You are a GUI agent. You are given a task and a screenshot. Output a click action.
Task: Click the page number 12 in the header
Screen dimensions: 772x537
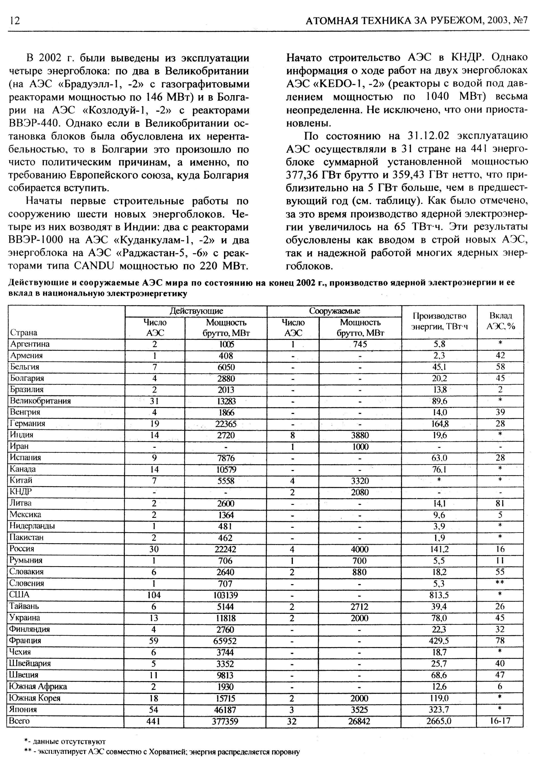click(15, 21)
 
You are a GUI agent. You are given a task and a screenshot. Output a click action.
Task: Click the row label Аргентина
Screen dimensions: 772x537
click(30, 344)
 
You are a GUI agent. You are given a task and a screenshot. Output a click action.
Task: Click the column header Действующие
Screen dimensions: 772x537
click(196, 311)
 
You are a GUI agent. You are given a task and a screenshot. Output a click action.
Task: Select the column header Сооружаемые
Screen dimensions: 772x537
click(334, 311)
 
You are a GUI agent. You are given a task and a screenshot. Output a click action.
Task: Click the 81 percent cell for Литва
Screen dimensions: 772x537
click(500, 503)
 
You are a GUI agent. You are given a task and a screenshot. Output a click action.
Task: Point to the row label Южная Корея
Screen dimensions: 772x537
click(35, 698)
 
